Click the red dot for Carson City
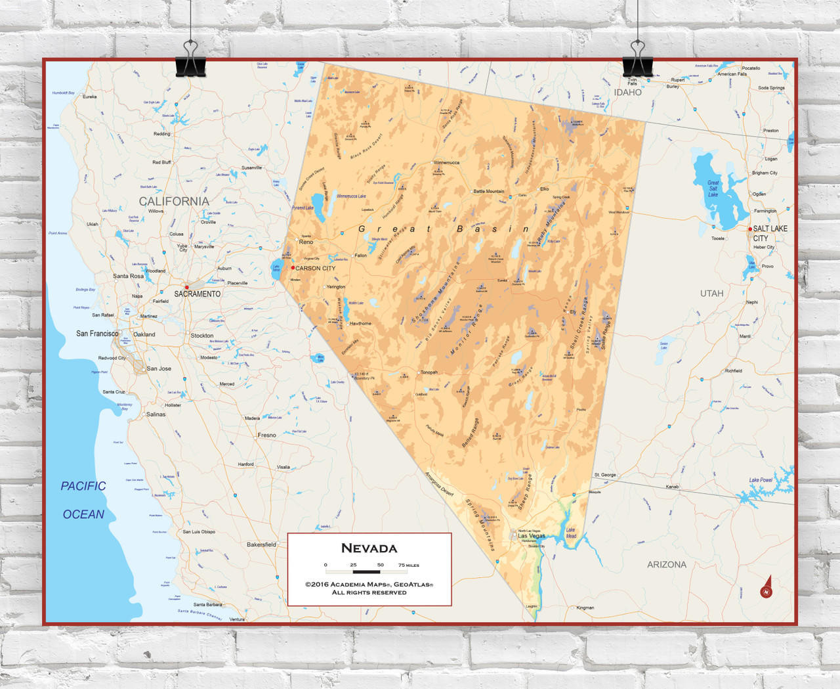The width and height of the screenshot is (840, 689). point(293,267)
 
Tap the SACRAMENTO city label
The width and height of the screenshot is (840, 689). point(197,294)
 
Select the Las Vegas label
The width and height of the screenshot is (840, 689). point(532,536)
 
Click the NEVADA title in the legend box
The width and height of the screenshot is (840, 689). point(369,548)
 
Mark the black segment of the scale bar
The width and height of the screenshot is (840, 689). point(366,572)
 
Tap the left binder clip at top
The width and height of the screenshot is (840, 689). point(190,60)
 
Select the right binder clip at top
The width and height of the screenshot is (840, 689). point(637,60)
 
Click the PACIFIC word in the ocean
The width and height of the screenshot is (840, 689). point(83,486)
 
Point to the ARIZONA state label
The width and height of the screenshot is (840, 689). point(667,564)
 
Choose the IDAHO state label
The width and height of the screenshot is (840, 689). point(627,93)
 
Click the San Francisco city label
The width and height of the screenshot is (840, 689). point(97,334)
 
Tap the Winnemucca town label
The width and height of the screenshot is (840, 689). point(447,162)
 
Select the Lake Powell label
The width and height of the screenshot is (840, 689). point(761,480)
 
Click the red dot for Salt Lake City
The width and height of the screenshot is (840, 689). point(751,229)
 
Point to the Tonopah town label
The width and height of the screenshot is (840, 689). point(429,372)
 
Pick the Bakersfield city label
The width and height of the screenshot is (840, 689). point(261,545)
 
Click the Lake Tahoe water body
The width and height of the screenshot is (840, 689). point(276,268)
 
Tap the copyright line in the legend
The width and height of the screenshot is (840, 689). point(369,585)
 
